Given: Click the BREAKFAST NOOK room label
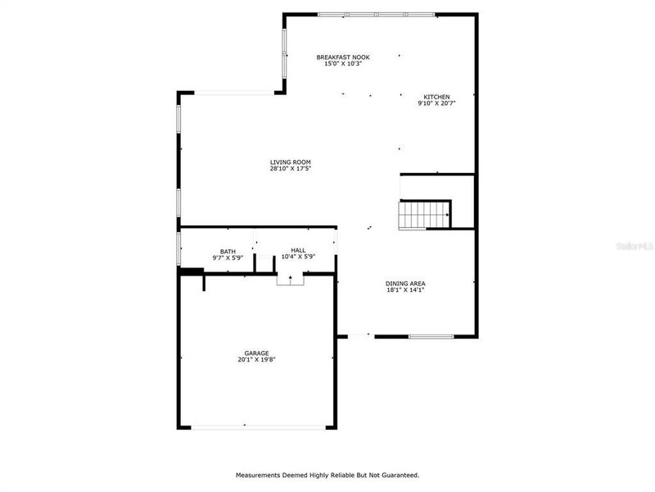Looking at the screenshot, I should [x=344, y=57].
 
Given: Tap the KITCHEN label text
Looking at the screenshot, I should [x=436, y=97].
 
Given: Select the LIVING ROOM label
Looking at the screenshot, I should [x=291, y=162].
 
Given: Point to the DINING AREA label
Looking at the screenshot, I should [x=405, y=284].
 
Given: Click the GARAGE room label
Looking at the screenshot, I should [x=256, y=353].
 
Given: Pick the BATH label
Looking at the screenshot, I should [x=228, y=251].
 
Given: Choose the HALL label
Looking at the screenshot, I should [x=298, y=250].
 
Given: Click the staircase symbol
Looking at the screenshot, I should [x=425, y=215].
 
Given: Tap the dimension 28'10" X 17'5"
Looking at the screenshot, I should [x=291, y=168].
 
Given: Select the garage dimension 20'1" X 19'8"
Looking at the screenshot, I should [x=256, y=359].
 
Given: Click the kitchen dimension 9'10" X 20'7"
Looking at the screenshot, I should [x=436, y=103].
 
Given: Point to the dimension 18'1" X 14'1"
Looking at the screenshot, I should [x=405, y=290].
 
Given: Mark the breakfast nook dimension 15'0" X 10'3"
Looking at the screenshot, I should [x=344, y=63].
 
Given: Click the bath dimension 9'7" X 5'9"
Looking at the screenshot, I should [x=228, y=257].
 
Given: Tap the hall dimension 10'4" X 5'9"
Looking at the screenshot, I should [x=298, y=257].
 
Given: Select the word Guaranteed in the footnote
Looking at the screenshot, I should [x=396, y=475].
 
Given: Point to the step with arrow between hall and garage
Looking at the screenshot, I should [x=290, y=280].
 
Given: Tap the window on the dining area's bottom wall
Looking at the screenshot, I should [x=431, y=336].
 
